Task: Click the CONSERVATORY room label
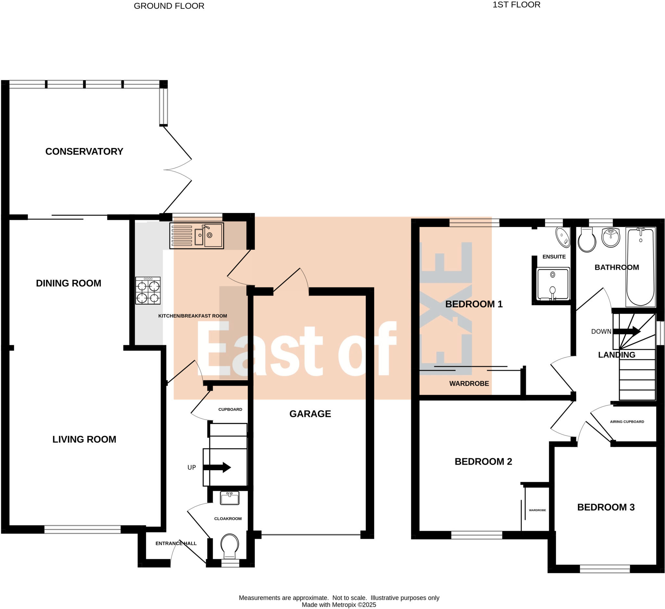tap(84, 151)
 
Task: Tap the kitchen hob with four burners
tap(148, 291)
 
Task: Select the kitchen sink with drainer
tap(196, 235)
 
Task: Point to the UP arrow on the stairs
tap(217, 467)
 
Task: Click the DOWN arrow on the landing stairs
tap(626, 331)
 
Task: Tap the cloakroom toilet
tap(230, 546)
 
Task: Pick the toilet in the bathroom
tap(587, 240)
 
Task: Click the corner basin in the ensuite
tap(563, 237)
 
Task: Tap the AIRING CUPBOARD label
tap(627, 422)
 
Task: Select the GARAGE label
tap(310, 414)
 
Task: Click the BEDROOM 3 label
tap(606, 507)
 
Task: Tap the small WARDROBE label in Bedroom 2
tap(537, 510)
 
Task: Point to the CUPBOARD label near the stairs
tap(230, 410)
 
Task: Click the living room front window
tap(82, 530)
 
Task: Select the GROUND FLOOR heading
tap(169, 6)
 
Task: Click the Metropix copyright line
tap(339, 605)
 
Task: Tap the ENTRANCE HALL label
tap(176, 543)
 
